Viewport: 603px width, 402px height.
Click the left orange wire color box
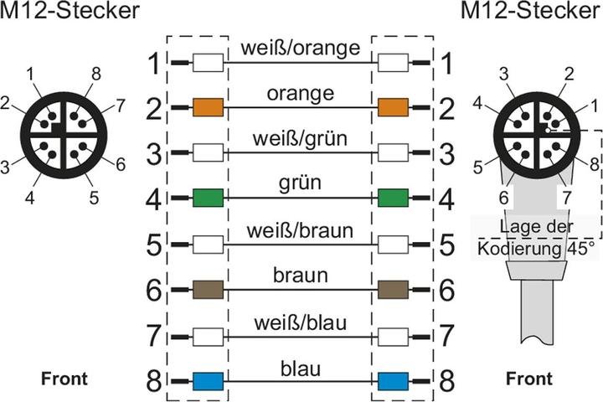click(x=208, y=107)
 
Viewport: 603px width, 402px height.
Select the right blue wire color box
click(x=393, y=381)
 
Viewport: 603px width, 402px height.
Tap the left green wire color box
click(x=208, y=198)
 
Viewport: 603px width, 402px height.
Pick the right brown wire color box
click(x=393, y=290)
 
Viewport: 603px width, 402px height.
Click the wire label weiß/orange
click(x=301, y=49)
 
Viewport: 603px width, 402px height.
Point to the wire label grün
click(x=300, y=183)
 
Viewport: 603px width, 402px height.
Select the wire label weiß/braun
click(x=300, y=230)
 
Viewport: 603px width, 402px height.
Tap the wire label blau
click(x=301, y=368)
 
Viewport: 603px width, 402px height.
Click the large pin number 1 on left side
click(x=154, y=64)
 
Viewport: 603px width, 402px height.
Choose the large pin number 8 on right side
click(x=447, y=381)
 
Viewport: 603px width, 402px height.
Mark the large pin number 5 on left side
click(x=154, y=245)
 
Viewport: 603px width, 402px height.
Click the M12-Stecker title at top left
click(x=70, y=10)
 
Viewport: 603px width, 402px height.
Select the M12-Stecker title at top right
click(x=530, y=10)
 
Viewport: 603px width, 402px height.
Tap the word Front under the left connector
click(x=64, y=379)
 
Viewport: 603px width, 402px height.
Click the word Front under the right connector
click(x=529, y=379)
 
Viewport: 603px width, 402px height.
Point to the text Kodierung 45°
click(x=536, y=249)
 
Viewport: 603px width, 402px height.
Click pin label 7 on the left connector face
click(x=121, y=106)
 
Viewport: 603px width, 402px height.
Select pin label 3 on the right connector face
click(x=504, y=74)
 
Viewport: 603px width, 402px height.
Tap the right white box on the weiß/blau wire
click(x=393, y=337)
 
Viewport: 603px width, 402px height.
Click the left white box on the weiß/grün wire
click(x=208, y=152)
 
